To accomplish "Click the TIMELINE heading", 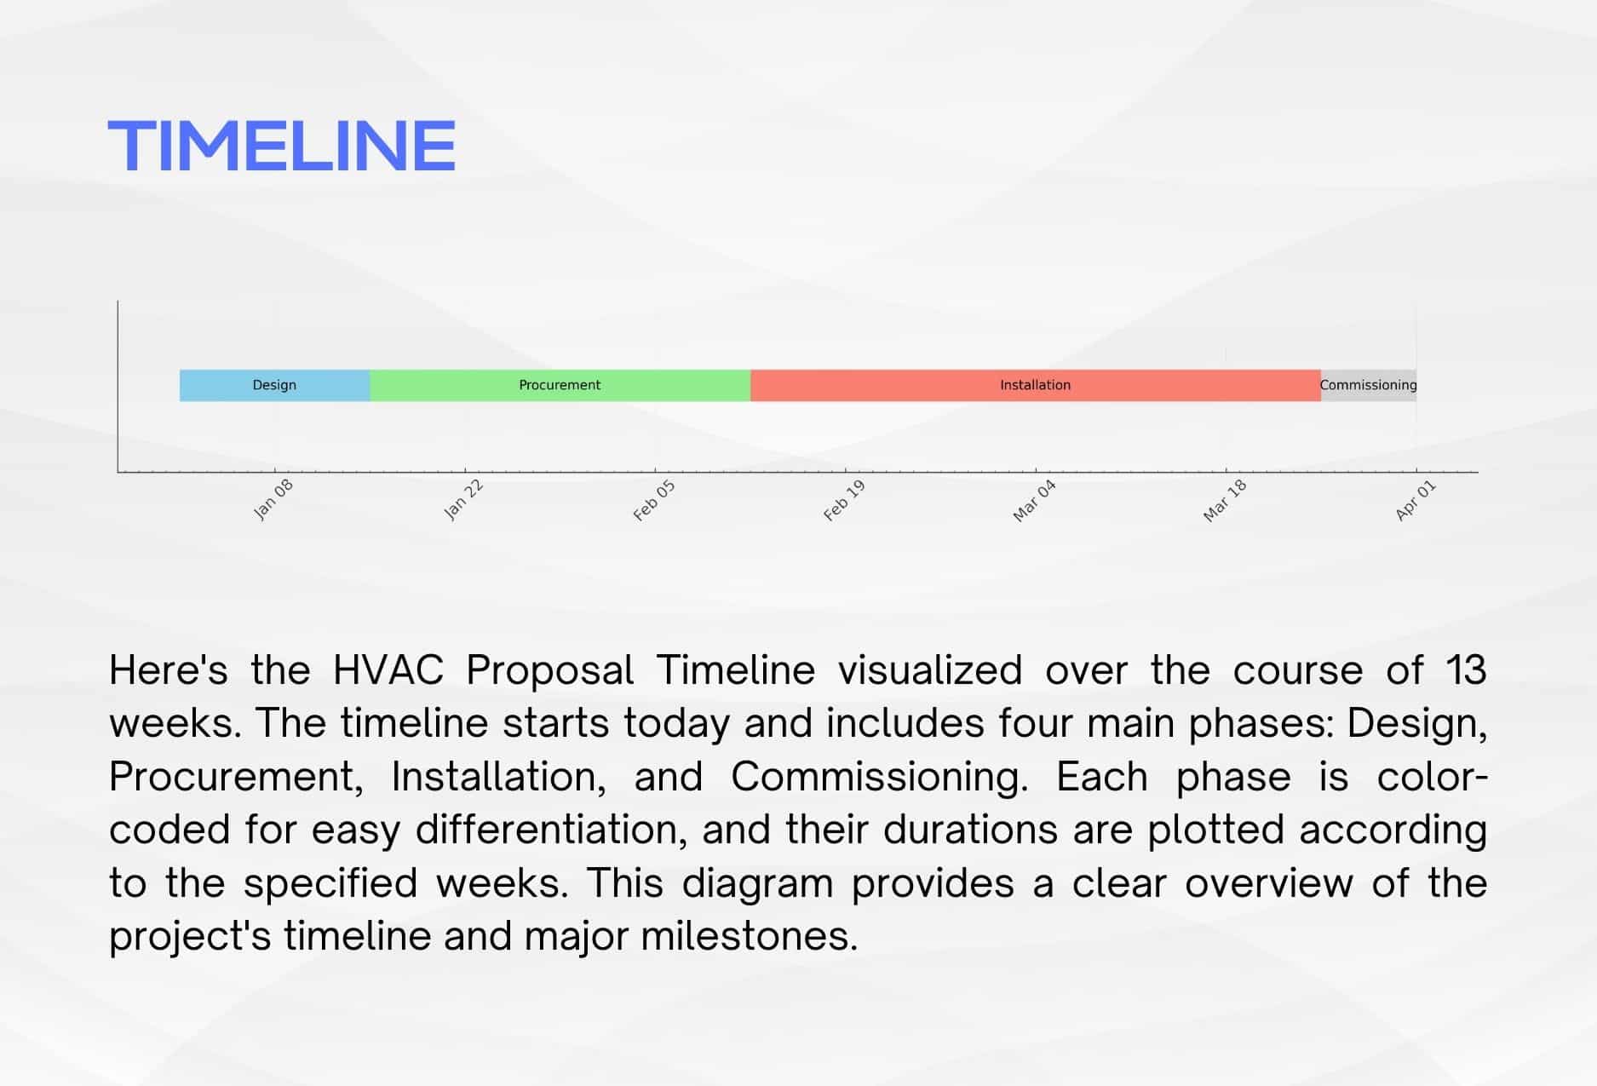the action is click(x=282, y=146).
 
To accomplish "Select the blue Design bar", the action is click(x=274, y=385).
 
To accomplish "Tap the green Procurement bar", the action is click(x=560, y=385).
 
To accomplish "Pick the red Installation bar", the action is click(x=1036, y=385).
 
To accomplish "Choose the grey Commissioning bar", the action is click(x=1369, y=385).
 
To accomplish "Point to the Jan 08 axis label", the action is click(x=273, y=499).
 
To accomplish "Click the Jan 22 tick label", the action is click(x=463, y=499).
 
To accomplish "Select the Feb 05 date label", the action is click(x=654, y=500).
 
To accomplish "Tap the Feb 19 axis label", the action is click(x=844, y=500).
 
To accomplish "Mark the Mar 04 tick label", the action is click(x=1034, y=501).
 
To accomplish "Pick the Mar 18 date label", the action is click(x=1225, y=501).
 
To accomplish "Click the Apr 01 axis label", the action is click(x=1416, y=500).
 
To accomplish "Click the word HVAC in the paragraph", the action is click(x=388, y=669).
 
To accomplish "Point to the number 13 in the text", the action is click(x=1466, y=669).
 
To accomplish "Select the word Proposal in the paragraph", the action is click(x=550, y=671).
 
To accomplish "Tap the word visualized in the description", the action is click(x=930, y=669).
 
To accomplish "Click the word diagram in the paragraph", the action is click(x=757, y=884).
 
